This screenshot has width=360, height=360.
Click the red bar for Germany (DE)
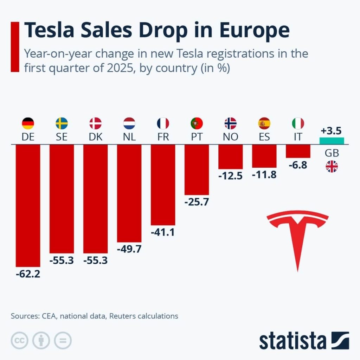[28, 206]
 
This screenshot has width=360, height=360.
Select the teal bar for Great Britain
[332, 141]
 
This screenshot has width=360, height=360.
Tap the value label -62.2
[28, 274]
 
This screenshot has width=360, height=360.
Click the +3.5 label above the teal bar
[332, 131]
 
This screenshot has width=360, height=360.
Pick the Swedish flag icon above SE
[62, 123]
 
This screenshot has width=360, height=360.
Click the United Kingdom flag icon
[332, 167]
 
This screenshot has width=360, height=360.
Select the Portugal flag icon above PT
[197, 123]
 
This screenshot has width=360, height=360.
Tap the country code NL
[129, 137]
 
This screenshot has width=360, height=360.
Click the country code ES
[264, 137]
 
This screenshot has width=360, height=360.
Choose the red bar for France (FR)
[163, 185]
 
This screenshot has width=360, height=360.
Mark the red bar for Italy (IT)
[298, 151]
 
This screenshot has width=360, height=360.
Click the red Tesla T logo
[297, 236]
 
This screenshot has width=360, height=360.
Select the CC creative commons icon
[20, 340]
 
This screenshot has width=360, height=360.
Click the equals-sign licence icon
[63, 340]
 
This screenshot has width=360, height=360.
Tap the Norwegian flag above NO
[230, 123]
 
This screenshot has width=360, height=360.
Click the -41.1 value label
[163, 232]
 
